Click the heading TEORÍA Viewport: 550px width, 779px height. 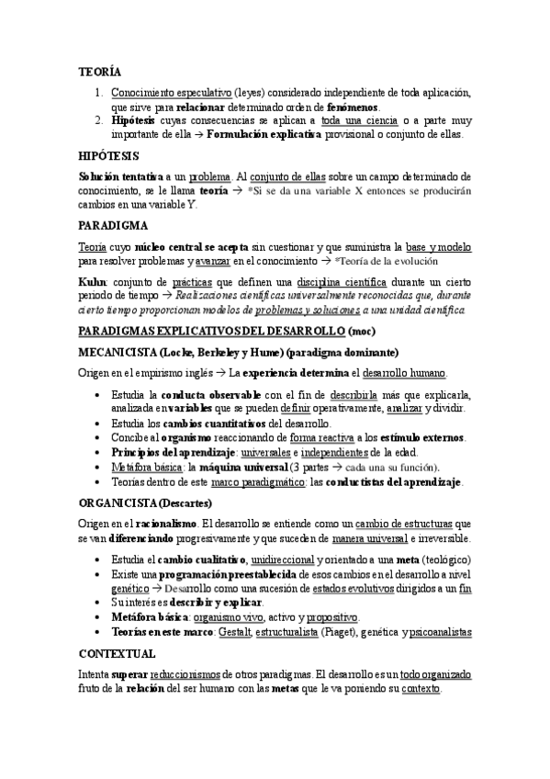(x=95, y=72)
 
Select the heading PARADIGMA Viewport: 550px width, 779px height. (x=109, y=224)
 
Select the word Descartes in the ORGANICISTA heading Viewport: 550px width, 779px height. (x=185, y=502)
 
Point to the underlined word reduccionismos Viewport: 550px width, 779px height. (x=186, y=673)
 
